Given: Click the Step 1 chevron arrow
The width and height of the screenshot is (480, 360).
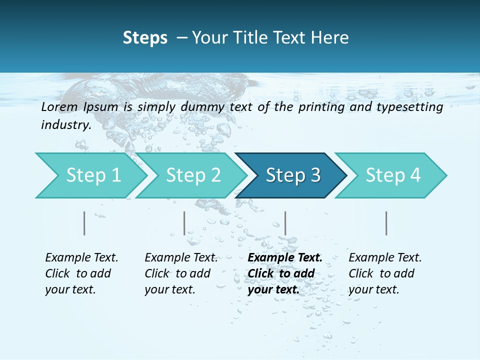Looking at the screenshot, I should [92, 175].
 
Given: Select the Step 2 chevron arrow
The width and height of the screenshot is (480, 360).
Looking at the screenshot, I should [192, 175].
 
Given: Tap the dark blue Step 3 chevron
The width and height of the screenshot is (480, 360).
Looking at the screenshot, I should [292, 175].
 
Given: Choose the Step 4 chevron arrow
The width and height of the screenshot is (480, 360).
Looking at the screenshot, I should [392, 175].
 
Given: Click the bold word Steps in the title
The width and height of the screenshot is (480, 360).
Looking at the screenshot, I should [145, 37].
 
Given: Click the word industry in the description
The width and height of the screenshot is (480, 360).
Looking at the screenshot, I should [65, 124].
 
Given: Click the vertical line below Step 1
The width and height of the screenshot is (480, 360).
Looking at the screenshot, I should [84, 223].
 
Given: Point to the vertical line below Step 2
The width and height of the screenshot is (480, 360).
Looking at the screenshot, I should [184, 223].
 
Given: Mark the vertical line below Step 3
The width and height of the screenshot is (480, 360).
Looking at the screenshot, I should [285, 223].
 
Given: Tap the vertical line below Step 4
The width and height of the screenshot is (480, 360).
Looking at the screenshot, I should [386, 223].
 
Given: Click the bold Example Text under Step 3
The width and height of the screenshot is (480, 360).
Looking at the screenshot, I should [285, 257].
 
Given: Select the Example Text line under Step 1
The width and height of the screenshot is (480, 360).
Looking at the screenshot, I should [81, 257].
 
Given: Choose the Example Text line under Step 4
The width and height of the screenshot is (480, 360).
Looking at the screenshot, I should [385, 257].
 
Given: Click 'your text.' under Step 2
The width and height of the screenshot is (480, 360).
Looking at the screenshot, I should [169, 289].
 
